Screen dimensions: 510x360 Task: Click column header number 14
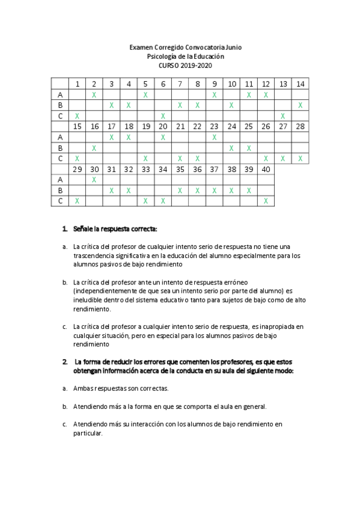click(301, 84)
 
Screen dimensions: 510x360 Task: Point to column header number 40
click(265, 169)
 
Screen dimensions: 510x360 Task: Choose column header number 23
click(214, 126)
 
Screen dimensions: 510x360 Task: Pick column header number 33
click(145, 169)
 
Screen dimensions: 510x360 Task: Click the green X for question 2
click(94, 94)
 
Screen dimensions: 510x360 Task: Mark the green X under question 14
click(301, 105)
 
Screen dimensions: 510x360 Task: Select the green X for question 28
click(301, 158)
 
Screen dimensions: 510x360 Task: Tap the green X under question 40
click(265, 201)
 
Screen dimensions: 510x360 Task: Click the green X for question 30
click(94, 179)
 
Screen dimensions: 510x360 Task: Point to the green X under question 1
click(77, 115)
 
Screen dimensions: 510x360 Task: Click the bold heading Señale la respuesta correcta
click(115, 229)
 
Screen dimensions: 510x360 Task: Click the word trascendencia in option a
click(93, 256)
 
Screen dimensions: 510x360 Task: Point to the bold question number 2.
click(65, 362)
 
